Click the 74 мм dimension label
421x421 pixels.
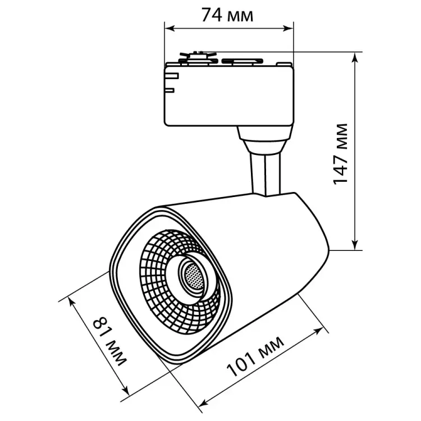coord(227,15)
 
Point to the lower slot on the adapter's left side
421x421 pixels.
coord(171,88)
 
